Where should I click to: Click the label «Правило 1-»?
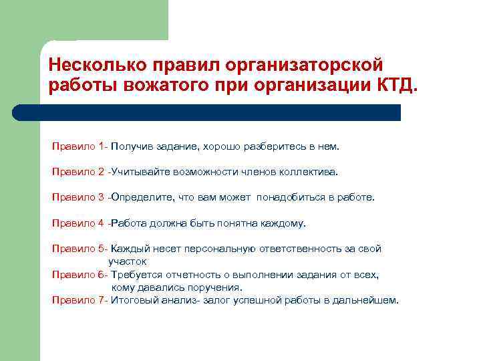(80, 146)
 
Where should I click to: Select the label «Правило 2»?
(78, 172)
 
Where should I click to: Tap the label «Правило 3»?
(78, 197)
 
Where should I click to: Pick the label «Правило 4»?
(78, 223)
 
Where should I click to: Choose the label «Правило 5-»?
(80, 249)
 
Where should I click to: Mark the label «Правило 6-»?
(80, 274)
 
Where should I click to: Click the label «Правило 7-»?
(80, 300)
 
